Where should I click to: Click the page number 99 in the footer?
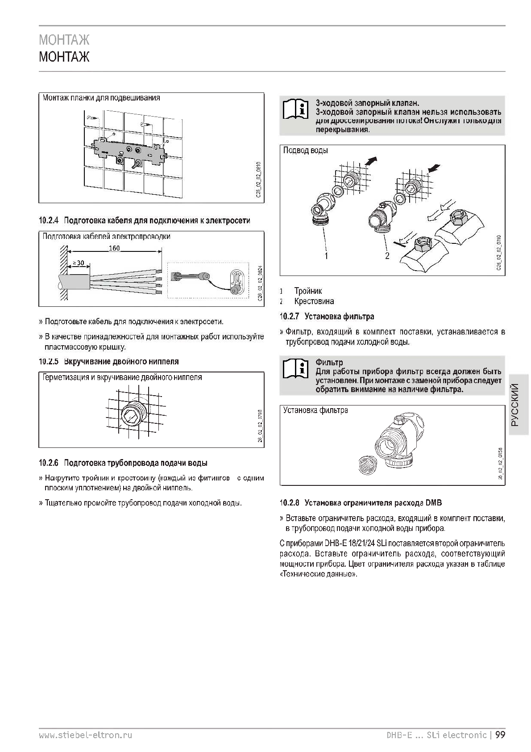click(500, 735)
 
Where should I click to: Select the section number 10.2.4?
click(49, 221)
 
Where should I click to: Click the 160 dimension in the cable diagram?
click(114, 248)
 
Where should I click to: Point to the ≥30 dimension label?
click(79, 263)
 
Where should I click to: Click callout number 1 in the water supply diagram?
click(327, 256)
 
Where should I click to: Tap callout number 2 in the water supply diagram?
click(387, 256)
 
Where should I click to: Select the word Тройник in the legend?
click(308, 291)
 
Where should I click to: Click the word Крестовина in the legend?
click(314, 301)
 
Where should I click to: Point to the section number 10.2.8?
click(289, 503)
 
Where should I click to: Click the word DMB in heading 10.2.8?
click(433, 503)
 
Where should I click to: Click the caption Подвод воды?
click(306, 150)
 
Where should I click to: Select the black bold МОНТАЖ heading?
click(64, 58)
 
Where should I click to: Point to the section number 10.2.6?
click(49, 463)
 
